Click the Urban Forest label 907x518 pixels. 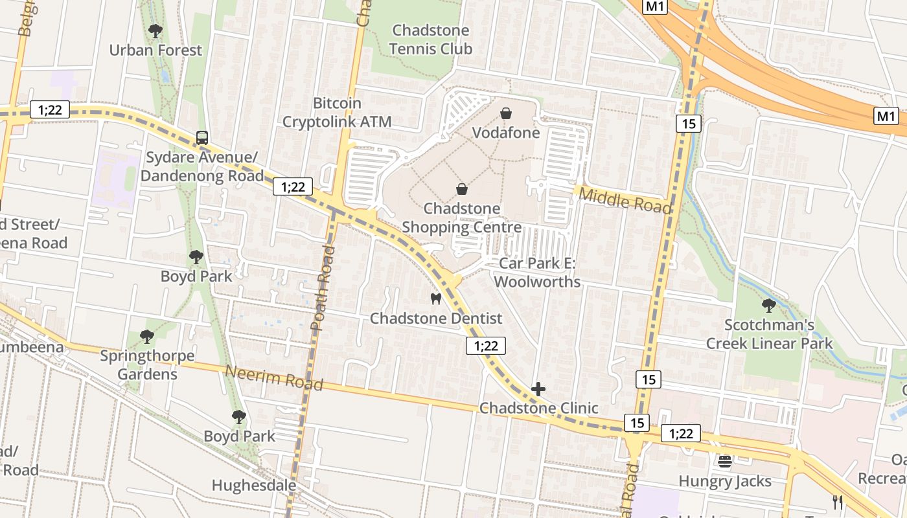[x=155, y=50]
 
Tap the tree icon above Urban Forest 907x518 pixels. [x=155, y=30]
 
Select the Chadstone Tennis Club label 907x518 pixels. [x=432, y=39]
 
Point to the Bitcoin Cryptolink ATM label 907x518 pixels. [x=337, y=112]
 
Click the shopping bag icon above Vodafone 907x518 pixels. [x=506, y=114]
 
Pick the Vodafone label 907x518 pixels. [x=506, y=133]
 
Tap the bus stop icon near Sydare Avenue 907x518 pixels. [x=202, y=138]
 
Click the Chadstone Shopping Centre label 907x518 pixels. [x=462, y=218]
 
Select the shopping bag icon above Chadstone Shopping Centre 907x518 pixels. [x=462, y=189]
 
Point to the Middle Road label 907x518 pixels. [x=625, y=200]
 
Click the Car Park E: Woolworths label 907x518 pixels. [x=537, y=273]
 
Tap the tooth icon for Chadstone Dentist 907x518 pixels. [x=436, y=298]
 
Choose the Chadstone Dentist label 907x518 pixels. [x=436, y=319]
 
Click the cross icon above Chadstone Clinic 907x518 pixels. [x=538, y=389]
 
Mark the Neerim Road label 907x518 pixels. [x=274, y=377]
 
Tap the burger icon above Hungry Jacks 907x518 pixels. [x=725, y=462]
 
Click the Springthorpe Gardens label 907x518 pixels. [x=147, y=365]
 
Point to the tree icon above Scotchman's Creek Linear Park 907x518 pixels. [x=769, y=305]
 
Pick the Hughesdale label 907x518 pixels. [x=254, y=485]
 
